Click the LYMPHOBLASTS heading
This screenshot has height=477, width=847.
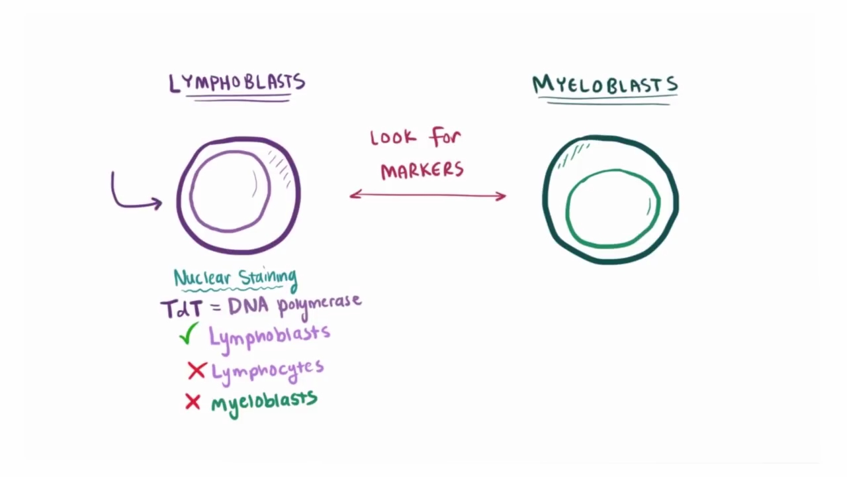coord(237,83)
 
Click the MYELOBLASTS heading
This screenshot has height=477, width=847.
coord(605,85)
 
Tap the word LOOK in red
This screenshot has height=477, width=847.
coord(393,138)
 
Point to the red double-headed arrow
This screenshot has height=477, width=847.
coord(427,195)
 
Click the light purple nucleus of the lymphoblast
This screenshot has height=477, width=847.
coord(230,191)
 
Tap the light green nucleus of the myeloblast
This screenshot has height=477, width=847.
coord(613,208)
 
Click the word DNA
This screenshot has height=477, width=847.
coord(249,306)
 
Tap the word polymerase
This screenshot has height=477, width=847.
coord(320,305)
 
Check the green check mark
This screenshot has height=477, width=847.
coord(189,334)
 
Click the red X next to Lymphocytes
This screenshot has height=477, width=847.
coord(197,371)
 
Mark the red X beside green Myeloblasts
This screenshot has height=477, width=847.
coord(193,401)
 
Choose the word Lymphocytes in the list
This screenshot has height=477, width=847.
coord(267,370)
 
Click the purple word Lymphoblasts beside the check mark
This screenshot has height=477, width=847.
coord(269,335)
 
